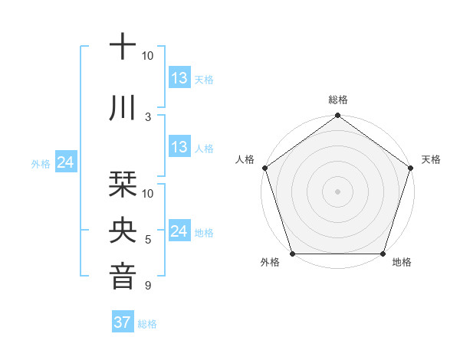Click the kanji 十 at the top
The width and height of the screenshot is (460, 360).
(x=123, y=47)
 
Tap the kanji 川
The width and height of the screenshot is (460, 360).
(x=123, y=109)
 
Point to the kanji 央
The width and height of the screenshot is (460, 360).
(x=123, y=229)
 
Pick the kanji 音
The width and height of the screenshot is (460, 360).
(x=123, y=275)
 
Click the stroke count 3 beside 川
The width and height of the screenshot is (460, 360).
(x=148, y=116)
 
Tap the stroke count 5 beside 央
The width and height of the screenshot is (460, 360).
(x=148, y=240)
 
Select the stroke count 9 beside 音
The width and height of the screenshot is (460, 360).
(x=148, y=286)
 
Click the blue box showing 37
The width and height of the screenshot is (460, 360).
(x=123, y=322)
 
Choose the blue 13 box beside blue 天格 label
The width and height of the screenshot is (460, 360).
(x=179, y=78)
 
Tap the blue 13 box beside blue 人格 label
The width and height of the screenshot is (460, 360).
(x=179, y=147)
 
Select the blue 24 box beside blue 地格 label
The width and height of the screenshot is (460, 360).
(x=179, y=231)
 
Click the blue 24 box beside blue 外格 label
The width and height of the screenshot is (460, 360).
(x=66, y=162)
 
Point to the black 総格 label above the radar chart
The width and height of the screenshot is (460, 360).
(x=337, y=100)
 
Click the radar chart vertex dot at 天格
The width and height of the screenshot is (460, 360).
(x=411, y=168)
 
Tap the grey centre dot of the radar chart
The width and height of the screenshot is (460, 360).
(x=337, y=191)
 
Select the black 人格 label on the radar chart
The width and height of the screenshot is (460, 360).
(x=245, y=159)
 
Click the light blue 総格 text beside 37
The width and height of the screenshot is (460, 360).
(x=147, y=323)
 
